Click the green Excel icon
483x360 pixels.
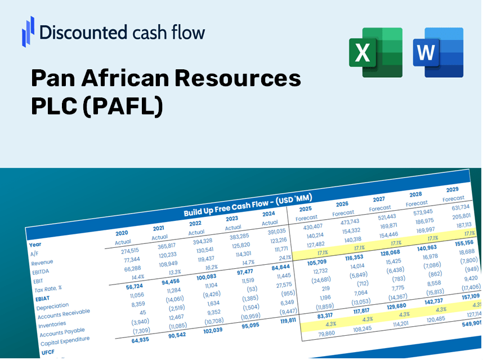pos(375,52)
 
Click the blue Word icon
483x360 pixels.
pos(438,52)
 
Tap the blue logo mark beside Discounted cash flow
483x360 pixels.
pos(28,32)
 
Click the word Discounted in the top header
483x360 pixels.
pos(79,33)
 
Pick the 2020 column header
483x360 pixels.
pos(122,233)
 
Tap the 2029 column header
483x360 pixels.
pos(452,189)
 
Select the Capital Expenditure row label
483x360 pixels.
pos(65,340)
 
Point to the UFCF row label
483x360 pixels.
pos(48,352)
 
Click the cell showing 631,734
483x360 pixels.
pos(457,207)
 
